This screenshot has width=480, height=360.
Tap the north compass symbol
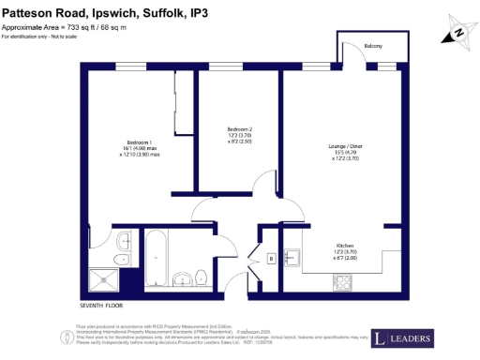point(458,32)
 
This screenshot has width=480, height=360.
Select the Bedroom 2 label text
point(240,128)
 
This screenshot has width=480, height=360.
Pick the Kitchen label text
point(359,245)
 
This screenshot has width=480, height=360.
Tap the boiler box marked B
point(271,258)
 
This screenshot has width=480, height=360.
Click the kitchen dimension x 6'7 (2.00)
point(359,259)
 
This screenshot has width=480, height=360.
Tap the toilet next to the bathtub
point(201,274)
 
